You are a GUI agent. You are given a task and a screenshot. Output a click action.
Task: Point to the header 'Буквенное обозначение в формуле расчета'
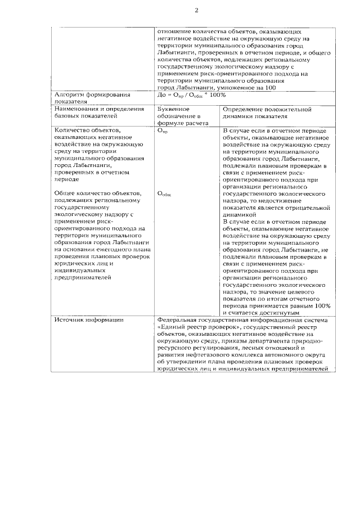pos(183,115)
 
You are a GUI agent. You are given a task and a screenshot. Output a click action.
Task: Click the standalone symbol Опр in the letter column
pos(162,131)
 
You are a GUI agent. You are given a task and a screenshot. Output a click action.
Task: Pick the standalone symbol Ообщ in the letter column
pos(164,193)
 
